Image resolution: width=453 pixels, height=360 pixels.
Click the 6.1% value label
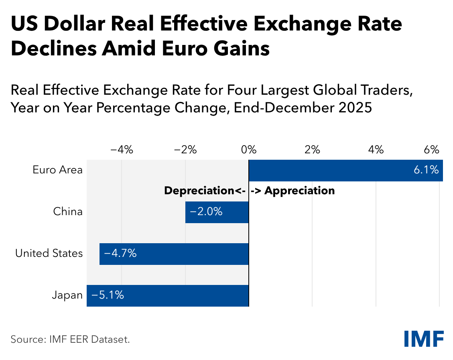(426, 171)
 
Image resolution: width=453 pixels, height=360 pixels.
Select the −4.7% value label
(120, 254)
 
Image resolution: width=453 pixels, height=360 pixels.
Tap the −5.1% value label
(108, 296)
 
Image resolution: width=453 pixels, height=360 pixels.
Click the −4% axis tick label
(121, 151)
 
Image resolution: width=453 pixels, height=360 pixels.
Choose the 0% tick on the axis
(249, 151)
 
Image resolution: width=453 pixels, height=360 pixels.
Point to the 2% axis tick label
(312, 151)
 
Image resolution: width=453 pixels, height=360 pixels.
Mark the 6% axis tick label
(432, 151)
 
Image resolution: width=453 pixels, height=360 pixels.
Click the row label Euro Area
(58, 170)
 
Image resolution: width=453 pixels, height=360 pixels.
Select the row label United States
(49, 254)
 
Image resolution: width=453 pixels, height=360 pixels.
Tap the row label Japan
(67, 296)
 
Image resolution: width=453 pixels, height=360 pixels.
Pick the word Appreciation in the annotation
(299, 191)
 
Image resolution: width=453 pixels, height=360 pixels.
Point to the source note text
(70, 340)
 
